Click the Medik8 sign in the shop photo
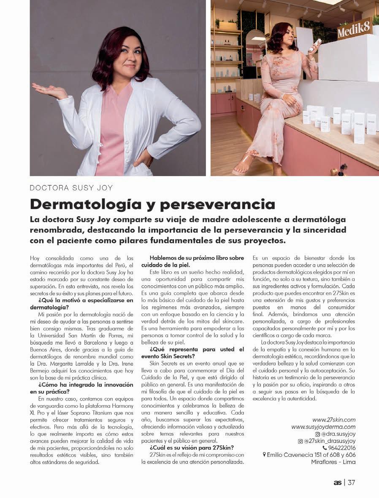[355, 28]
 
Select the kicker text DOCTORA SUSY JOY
[71, 188]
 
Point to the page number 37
[352, 483]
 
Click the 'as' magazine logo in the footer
[337, 483]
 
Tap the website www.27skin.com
[334, 420]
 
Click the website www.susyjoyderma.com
[323, 427]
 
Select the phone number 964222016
[342, 448]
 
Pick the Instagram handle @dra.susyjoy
[338, 434]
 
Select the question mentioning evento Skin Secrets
[197, 353]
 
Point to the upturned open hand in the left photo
[49, 90]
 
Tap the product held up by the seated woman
[316, 44]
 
